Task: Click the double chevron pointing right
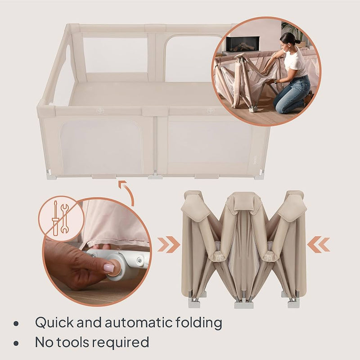pyautogui.click(x=168, y=244)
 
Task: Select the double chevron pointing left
pyautogui.click(x=318, y=244)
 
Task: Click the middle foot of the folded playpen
pyautogui.click(x=243, y=304)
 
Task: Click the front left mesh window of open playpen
pyautogui.click(x=102, y=147)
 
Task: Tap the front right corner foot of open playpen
pyautogui.click(x=259, y=177)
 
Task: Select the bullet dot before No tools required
pyautogui.click(x=16, y=343)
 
